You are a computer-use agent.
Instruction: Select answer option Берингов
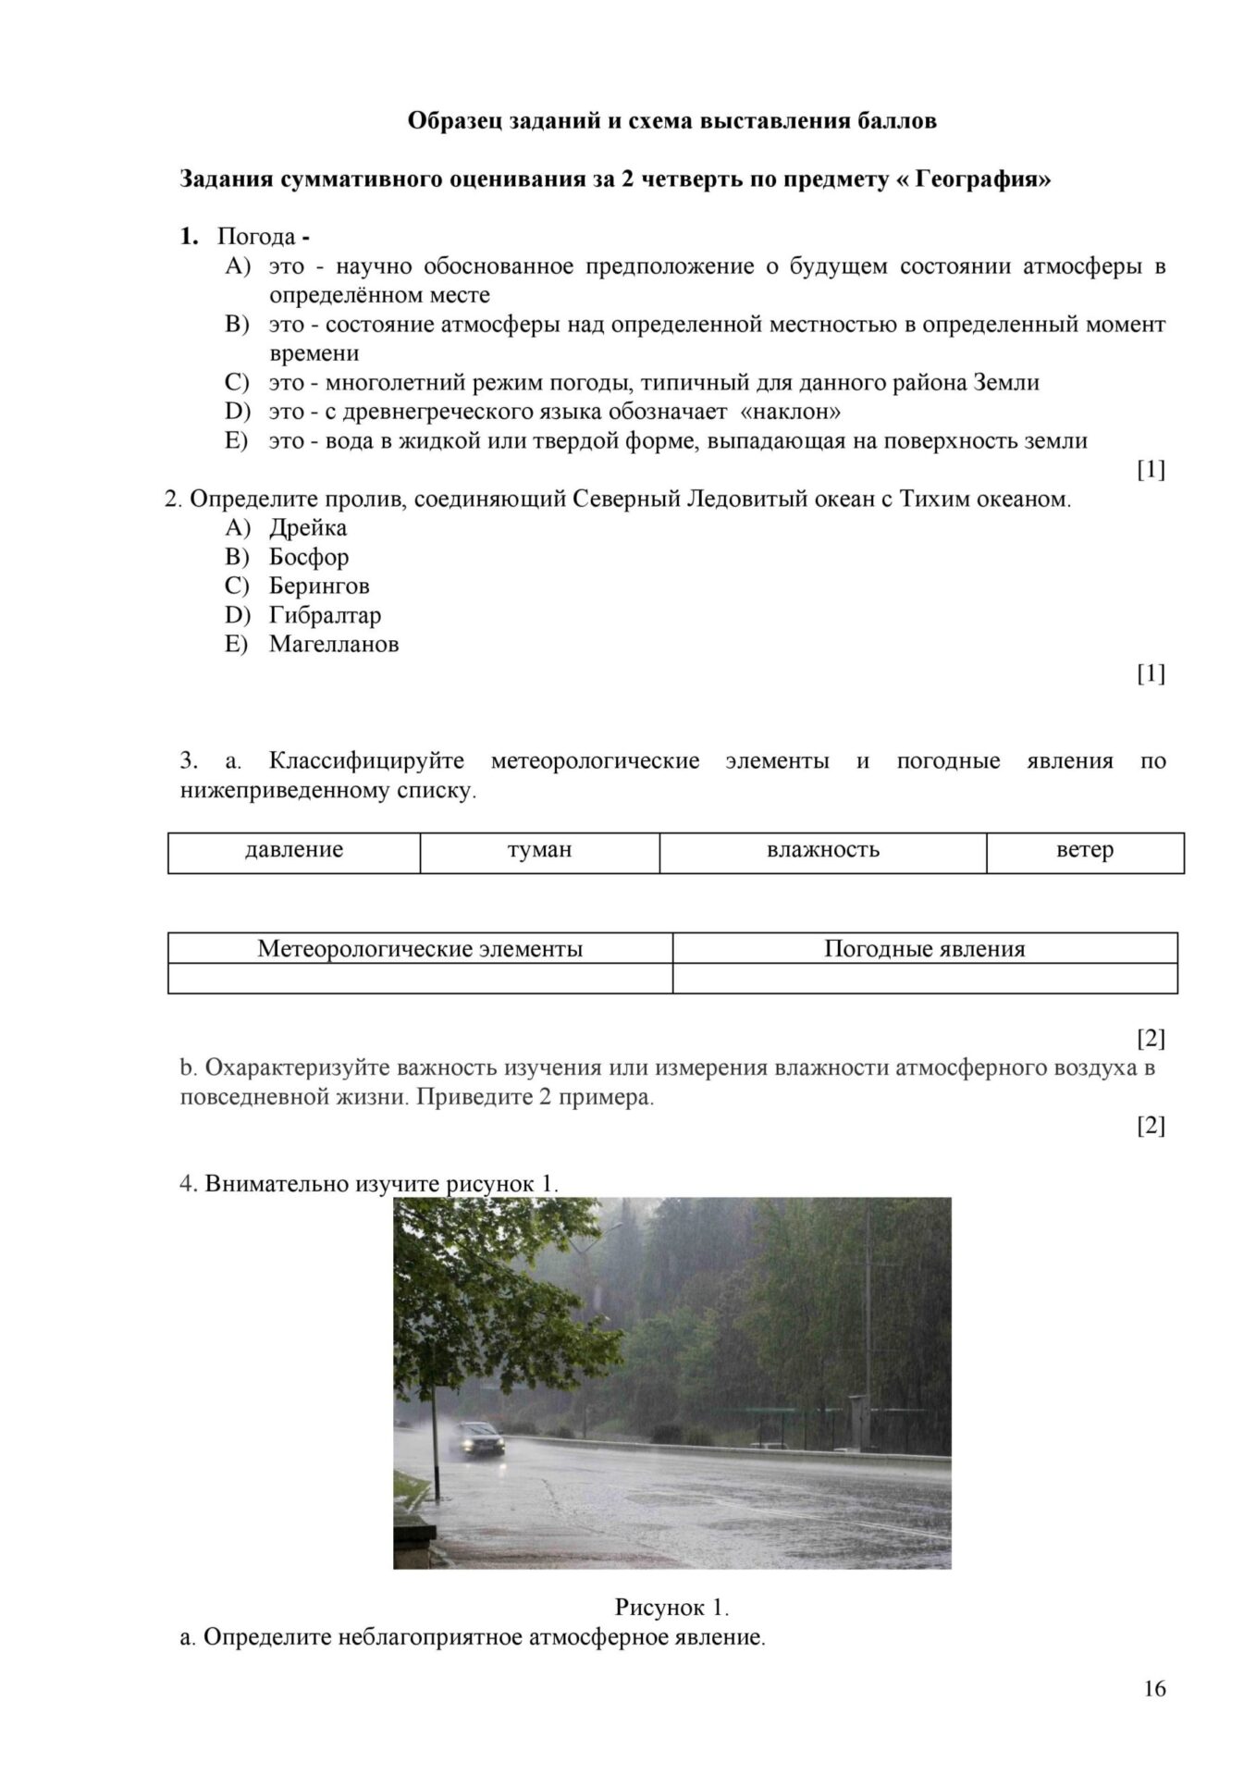click(318, 586)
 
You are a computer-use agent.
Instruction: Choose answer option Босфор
click(308, 557)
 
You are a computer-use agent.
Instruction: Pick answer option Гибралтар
click(325, 615)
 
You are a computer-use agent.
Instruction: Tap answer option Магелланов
click(333, 645)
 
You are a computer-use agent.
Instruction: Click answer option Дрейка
click(307, 528)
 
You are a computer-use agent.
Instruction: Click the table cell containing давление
click(294, 850)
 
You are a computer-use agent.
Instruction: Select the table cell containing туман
click(539, 850)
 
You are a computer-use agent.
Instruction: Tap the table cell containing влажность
click(822, 850)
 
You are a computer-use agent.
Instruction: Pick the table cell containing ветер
click(1084, 850)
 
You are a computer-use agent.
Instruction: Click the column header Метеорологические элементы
click(420, 949)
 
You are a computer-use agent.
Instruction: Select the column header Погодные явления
click(924, 949)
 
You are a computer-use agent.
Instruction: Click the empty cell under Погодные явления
click(924, 978)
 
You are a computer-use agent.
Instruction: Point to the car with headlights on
click(478, 1438)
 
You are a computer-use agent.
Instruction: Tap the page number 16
click(1154, 1688)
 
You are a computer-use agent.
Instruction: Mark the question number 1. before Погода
click(189, 237)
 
